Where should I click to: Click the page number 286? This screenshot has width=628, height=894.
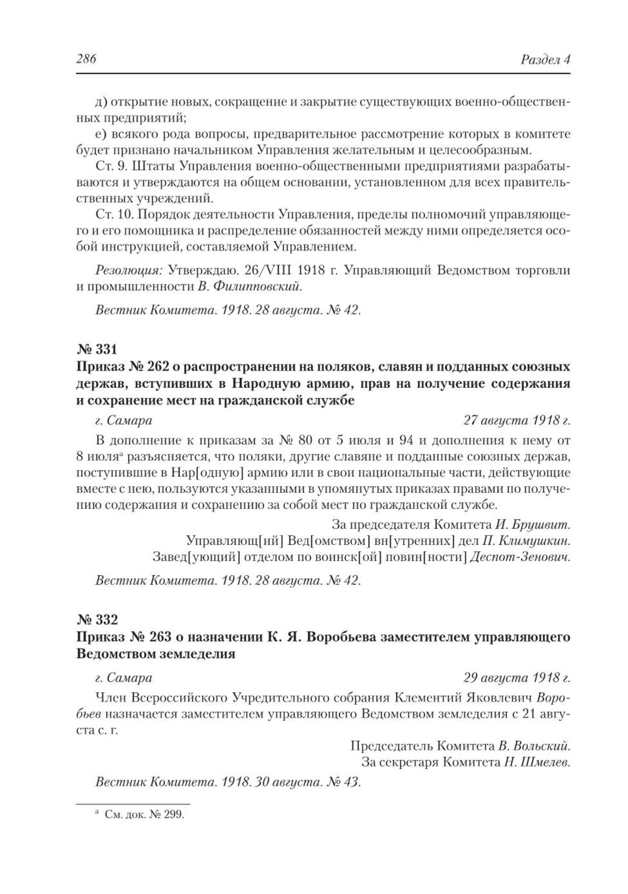point(87,59)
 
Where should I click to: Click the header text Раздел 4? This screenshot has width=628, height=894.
point(545,59)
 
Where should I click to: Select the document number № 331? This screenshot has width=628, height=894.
point(97,349)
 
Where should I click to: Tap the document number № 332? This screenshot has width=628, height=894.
point(97,619)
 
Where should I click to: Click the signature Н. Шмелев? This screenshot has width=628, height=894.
point(537,762)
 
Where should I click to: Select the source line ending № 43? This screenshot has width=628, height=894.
point(228,782)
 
